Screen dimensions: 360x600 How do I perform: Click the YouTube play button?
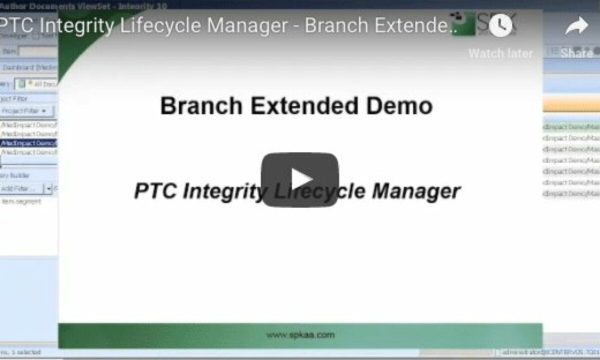point(299,179)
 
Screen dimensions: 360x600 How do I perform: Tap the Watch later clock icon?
point(500,25)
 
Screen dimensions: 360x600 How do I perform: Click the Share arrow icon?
point(576,26)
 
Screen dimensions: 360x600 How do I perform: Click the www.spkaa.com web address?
point(300,335)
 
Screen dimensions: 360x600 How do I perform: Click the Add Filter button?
point(18,188)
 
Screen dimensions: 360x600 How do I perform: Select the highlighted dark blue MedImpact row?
point(29,143)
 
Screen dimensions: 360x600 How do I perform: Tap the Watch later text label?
point(500,53)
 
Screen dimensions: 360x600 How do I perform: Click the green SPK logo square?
point(462,23)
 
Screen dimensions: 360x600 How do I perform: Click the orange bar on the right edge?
point(571,104)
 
